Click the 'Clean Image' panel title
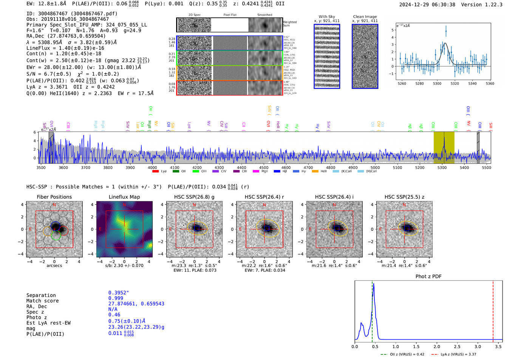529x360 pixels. [365, 17]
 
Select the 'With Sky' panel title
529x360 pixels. [326, 17]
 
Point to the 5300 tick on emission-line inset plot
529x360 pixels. [437, 83]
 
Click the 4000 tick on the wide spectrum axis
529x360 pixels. [152, 167]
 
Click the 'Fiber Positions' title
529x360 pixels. [54, 197]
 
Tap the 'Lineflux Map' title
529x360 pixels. [124, 197]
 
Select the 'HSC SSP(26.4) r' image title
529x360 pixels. [264, 197]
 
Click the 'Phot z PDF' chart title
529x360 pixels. [428, 277]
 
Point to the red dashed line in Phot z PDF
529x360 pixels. [493, 310]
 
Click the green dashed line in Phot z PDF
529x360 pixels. [372, 310]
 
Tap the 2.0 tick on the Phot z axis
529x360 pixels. [436, 346]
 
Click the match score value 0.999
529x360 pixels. [116, 298]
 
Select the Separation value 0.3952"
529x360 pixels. [118, 293]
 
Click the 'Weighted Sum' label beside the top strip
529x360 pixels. [289, 24]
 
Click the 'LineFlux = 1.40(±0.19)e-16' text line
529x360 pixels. [65, 48]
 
